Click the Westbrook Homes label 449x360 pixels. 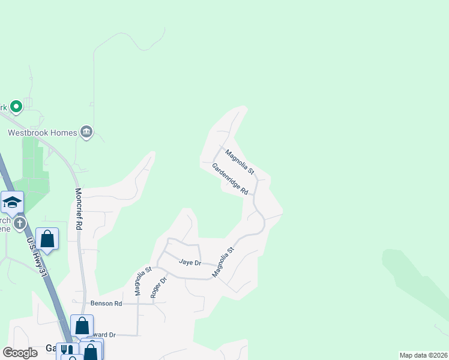click(x=42, y=133)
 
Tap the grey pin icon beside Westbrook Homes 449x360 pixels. click(x=86, y=133)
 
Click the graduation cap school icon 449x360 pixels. click(x=12, y=203)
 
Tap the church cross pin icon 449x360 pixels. click(x=20, y=224)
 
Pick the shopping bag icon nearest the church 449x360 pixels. click(x=47, y=239)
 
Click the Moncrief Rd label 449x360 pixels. click(x=78, y=209)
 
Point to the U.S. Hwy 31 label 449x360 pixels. click(x=37, y=257)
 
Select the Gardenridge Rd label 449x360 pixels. click(x=230, y=179)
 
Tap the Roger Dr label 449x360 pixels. click(x=157, y=287)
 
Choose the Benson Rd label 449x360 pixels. click(x=106, y=304)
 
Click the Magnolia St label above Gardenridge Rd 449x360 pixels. click(x=240, y=162)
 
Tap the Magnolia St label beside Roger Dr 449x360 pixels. click(x=142, y=281)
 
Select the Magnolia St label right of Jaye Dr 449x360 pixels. click(x=222, y=262)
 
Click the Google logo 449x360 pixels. click(x=20, y=353)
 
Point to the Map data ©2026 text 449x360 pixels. click(x=423, y=355)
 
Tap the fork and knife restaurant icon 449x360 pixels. click(x=67, y=350)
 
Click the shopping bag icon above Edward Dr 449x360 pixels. click(x=82, y=326)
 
